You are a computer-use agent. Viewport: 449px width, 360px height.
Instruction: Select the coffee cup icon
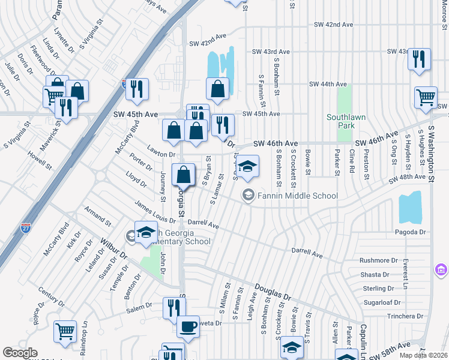point(188,327)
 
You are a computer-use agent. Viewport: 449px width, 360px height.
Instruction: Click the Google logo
point(20,353)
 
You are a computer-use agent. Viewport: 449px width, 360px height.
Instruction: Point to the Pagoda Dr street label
point(410,232)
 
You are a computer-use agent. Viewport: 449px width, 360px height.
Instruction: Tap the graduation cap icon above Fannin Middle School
point(247,166)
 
